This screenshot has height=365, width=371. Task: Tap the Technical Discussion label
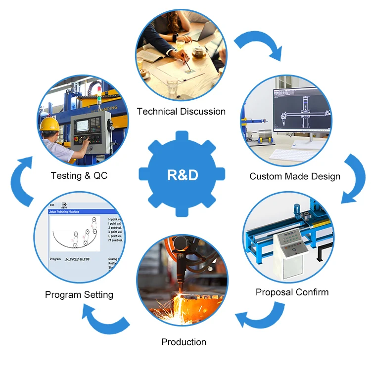pyautogui.click(x=181, y=112)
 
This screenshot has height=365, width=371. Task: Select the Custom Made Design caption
pyautogui.click(x=295, y=176)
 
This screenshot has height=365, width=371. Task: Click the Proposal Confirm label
pyautogui.click(x=292, y=292)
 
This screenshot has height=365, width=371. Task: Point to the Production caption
pyautogui.click(x=184, y=342)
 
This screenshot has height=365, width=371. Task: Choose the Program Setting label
pyautogui.click(x=79, y=295)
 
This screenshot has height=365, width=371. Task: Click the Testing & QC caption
pyautogui.click(x=79, y=175)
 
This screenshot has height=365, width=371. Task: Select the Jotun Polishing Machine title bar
pyautogui.click(x=79, y=211)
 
